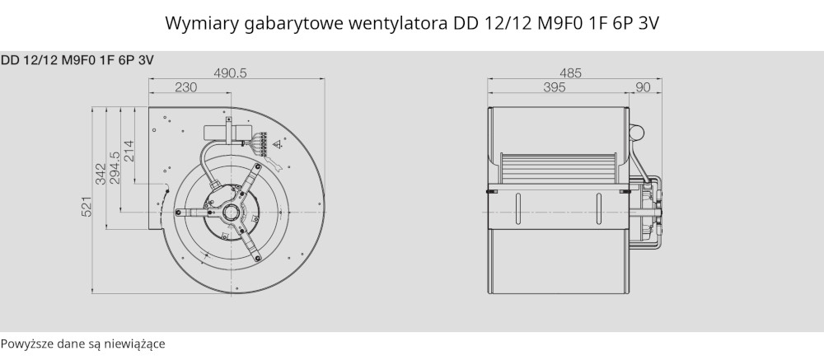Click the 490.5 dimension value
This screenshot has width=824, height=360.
[x=230, y=73]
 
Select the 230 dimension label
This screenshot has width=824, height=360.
[x=185, y=87]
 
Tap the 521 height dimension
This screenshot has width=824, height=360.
[x=87, y=206]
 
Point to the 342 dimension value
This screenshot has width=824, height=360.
[x=101, y=174]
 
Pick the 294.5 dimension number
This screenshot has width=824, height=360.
[x=115, y=168]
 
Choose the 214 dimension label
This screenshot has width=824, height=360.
[x=129, y=150]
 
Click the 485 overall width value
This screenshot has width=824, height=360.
[x=571, y=73]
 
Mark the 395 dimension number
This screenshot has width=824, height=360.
[x=555, y=87]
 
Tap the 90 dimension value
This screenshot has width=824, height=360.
[x=644, y=87]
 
